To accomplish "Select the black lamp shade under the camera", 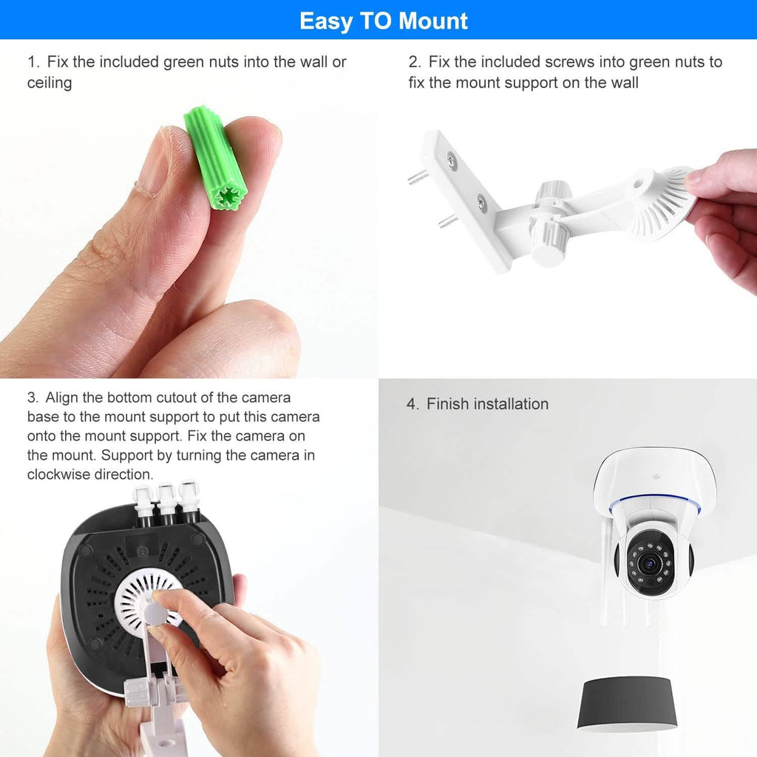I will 628,703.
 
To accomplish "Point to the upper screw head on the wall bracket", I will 451,158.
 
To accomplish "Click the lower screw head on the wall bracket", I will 481,200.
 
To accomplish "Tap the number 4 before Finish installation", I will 412,404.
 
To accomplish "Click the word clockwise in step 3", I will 61,474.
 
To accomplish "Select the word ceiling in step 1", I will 50,83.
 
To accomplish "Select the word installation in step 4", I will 511,404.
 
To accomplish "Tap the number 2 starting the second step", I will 413,62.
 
